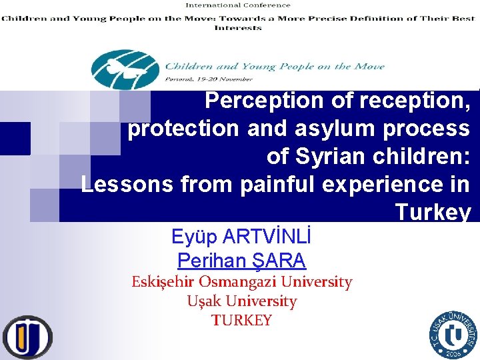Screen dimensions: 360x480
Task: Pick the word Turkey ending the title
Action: pos(433,212)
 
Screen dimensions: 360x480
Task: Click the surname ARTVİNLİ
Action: pos(269,237)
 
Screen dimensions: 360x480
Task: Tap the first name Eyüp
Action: pos(194,237)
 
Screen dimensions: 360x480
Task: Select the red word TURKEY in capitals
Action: pos(241,321)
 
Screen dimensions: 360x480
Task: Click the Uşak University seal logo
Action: pos(453,335)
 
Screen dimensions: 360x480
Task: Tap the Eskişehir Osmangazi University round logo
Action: pos(27,337)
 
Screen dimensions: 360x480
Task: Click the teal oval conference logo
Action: pos(125,69)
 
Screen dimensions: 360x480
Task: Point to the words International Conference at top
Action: pos(237,5)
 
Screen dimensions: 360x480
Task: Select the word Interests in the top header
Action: pos(237,28)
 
